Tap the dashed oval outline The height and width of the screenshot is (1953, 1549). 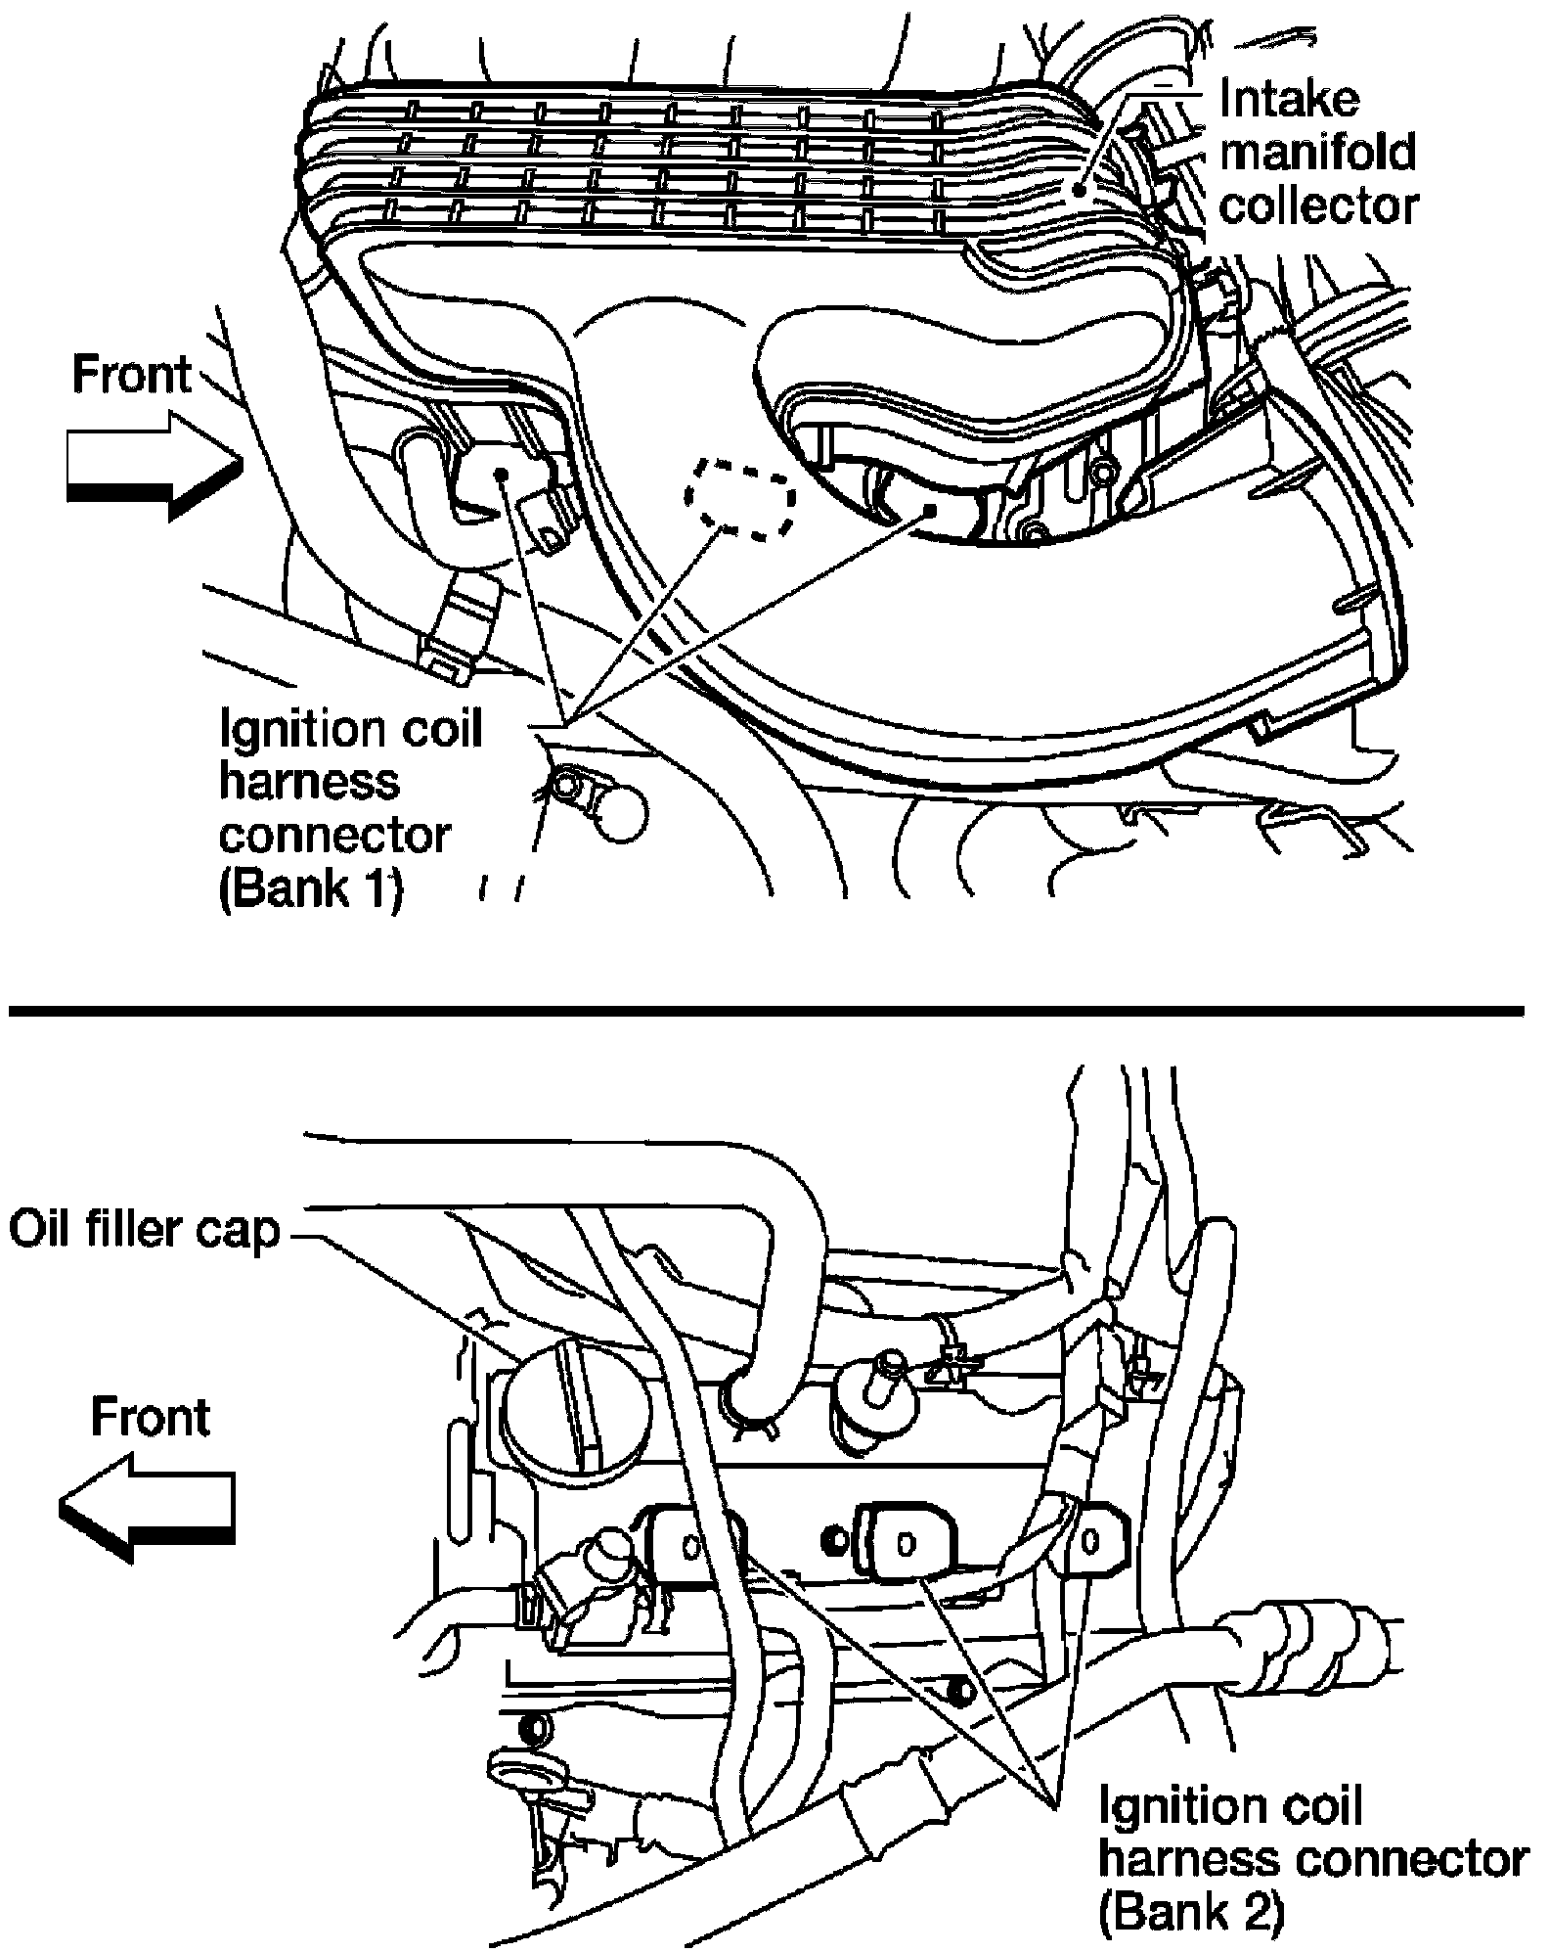739,496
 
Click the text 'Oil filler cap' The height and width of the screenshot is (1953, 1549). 144,1232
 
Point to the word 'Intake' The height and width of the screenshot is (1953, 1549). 1290,98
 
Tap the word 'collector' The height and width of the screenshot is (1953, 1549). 1319,205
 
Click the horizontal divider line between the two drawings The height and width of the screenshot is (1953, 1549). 767,1010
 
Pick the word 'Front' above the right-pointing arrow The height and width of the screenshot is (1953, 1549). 132,375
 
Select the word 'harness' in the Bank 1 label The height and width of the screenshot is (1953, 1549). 309,783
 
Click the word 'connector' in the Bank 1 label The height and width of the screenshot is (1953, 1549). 334,836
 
